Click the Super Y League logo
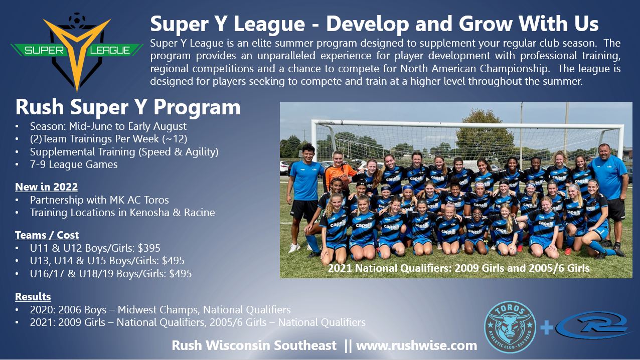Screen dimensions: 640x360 tap(77, 52)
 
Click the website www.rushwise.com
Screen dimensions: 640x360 tap(417, 345)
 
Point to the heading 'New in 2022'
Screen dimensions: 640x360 tap(46, 187)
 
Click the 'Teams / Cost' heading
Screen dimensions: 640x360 tap(47, 235)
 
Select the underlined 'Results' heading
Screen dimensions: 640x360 tap(33, 296)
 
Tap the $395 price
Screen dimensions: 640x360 tap(149, 248)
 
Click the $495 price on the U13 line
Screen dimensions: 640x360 tap(173, 261)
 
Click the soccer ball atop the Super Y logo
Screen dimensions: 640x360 tap(77, 19)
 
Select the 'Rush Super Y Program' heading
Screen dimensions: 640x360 tap(128, 107)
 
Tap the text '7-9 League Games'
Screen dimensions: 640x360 tap(74, 164)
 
